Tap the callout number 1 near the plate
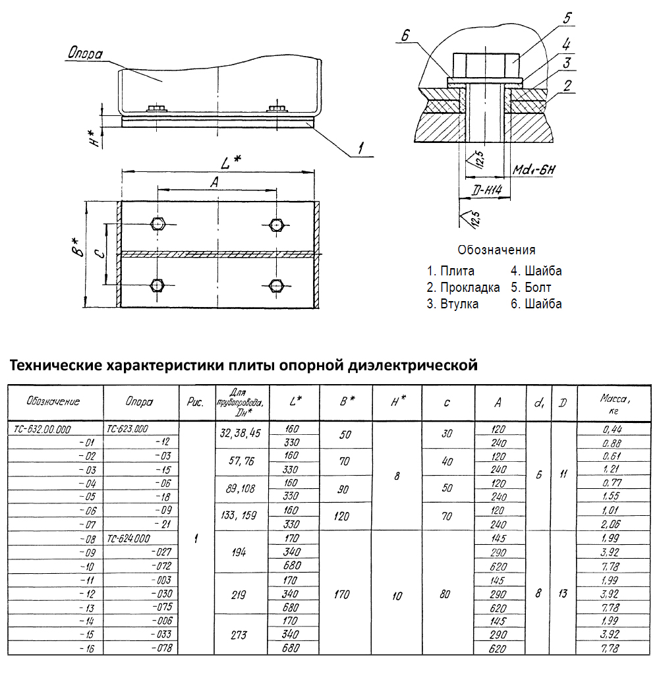(361, 150)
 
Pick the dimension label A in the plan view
(213, 184)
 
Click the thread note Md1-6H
(534, 171)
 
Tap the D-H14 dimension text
(488, 191)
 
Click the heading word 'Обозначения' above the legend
(496, 250)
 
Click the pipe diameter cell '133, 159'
(241, 517)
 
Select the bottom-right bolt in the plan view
(276, 285)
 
